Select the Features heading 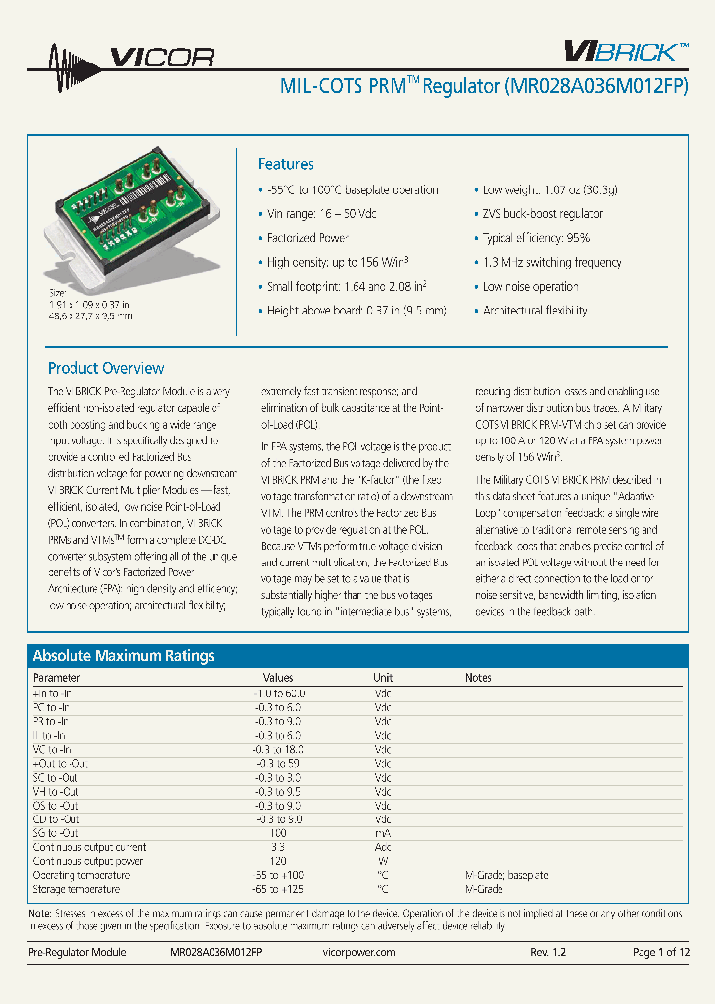[x=285, y=165]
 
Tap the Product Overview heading [x=105, y=368]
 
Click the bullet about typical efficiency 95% [x=535, y=238]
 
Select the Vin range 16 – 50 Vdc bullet [x=322, y=214]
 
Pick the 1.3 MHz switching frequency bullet [x=551, y=262]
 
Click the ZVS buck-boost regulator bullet [x=542, y=214]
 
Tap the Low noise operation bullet [x=530, y=287]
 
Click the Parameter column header [x=57, y=678]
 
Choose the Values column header [x=278, y=678]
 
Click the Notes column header [x=478, y=678]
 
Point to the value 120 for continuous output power [x=278, y=862]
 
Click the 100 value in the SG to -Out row [x=278, y=833]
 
